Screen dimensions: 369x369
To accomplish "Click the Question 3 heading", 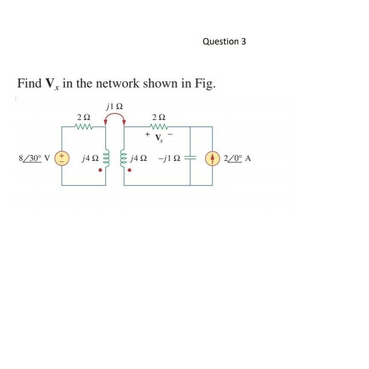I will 224,41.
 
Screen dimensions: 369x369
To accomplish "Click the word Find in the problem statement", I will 29,83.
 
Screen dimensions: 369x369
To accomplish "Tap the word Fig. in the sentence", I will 205,83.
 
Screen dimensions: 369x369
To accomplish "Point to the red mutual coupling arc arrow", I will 115,119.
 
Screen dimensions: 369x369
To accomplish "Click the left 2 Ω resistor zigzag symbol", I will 83,127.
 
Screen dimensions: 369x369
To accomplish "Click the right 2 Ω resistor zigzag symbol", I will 159,127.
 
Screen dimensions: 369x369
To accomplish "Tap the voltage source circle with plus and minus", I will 62,158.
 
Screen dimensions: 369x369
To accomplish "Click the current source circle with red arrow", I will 212,158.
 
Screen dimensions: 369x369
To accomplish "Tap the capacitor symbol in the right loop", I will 190,158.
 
